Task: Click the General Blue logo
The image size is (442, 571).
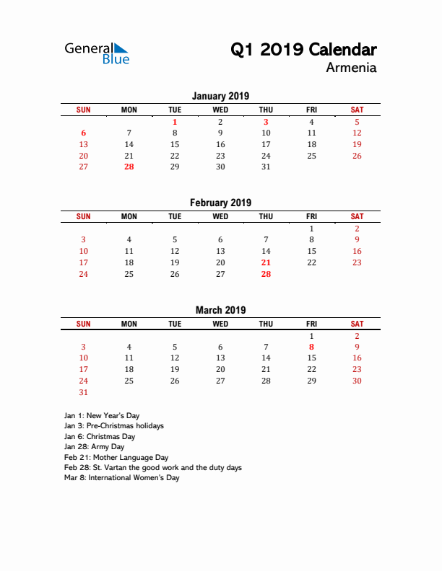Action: click(x=97, y=53)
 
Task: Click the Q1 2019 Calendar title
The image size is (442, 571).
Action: click(x=303, y=50)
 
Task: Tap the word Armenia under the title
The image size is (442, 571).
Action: click(x=351, y=68)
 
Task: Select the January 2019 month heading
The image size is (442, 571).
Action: click(x=220, y=96)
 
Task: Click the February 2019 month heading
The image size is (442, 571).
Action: click(x=220, y=203)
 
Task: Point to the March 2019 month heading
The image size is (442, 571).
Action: click(x=220, y=310)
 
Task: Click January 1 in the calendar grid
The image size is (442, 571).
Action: click(x=175, y=123)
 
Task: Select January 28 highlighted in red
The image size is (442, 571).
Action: click(x=129, y=167)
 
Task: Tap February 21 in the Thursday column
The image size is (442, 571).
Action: click(x=266, y=262)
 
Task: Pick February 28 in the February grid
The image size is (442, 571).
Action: click(x=266, y=274)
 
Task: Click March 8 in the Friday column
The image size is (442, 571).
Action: click(x=311, y=347)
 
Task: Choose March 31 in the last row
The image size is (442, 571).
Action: click(x=84, y=392)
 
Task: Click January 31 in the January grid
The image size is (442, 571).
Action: click(x=266, y=167)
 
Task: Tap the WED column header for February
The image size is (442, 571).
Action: click(x=220, y=216)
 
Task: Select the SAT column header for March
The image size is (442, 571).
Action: click(x=357, y=324)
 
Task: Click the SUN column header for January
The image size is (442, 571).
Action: click(x=84, y=110)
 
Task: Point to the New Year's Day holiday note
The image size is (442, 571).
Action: click(x=102, y=416)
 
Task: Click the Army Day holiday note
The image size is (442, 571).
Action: click(x=94, y=447)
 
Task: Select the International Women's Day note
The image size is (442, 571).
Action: click(x=121, y=477)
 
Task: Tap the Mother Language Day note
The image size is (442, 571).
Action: click(x=116, y=457)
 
